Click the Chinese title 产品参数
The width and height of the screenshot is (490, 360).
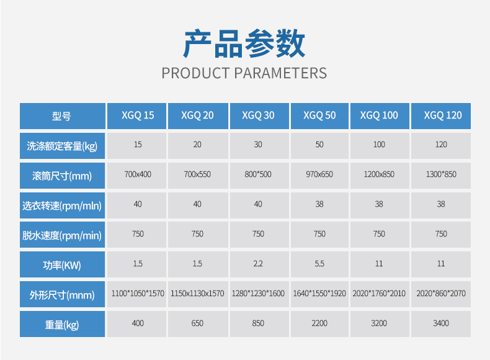[x=244, y=43]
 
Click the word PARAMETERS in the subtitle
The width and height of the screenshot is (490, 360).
[x=280, y=73]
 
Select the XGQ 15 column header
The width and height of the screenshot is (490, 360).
[x=138, y=115]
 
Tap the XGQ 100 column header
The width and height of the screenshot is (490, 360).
[x=379, y=115]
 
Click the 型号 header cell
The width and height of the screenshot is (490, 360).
[x=61, y=116]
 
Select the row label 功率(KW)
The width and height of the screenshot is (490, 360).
[x=62, y=265]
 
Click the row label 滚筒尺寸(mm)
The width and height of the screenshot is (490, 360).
[x=62, y=176]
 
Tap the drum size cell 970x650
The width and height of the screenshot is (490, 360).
[x=319, y=174]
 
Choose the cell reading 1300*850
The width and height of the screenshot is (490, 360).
[x=441, y=174]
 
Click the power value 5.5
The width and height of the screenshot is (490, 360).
[x=319, y=264]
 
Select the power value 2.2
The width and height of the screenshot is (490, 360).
[x=258, y=264]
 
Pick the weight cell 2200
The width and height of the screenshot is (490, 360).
[x=319, y=323]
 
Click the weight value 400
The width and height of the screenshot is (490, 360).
[x=138, y=323]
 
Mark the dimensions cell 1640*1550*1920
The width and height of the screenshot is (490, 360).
[x=319, y=294]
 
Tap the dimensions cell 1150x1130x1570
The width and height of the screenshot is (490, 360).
[x=197, y=294]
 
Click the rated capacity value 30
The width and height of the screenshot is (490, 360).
[x=258, y=145]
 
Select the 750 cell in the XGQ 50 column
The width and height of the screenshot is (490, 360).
[x=319, y=234]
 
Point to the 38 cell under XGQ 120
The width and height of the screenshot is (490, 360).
[x=441, y=204]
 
